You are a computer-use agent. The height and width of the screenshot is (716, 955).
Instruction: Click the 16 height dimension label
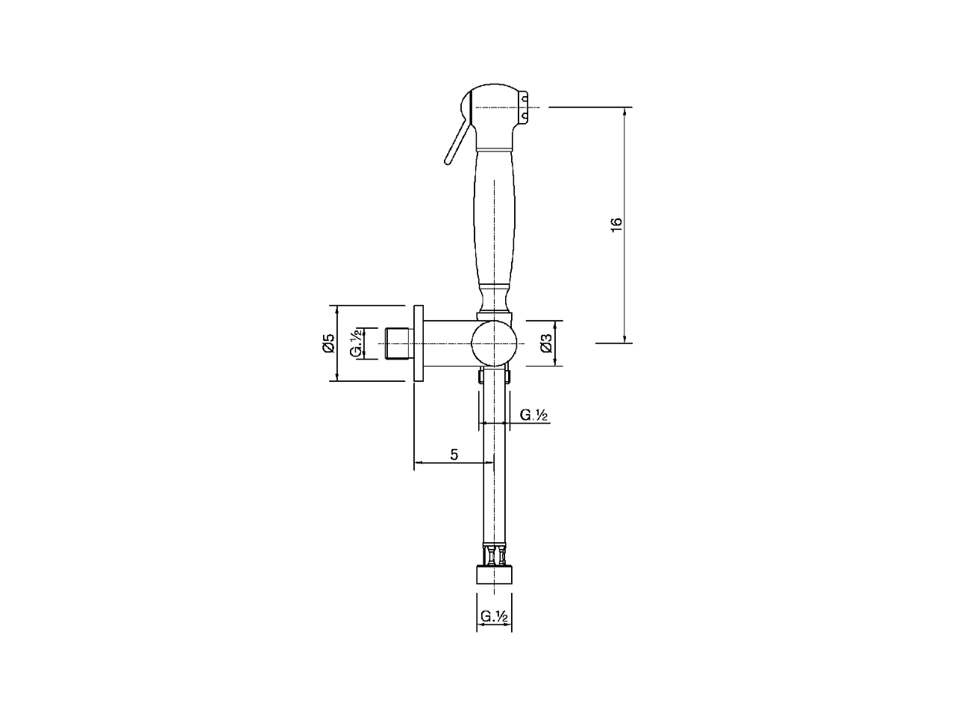616,224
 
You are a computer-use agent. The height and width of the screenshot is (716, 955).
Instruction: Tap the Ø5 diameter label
328,343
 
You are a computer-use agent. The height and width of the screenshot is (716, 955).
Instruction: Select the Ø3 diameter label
546,343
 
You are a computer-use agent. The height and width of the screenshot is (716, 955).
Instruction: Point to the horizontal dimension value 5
454,455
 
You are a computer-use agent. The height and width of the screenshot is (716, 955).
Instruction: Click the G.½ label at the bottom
494,616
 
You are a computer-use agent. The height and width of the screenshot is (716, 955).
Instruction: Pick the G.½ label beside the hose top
533,415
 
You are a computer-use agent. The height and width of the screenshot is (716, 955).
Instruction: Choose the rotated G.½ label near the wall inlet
356,343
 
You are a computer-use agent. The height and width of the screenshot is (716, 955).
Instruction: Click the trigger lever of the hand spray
457,140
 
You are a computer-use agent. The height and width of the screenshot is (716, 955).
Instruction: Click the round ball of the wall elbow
494,343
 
